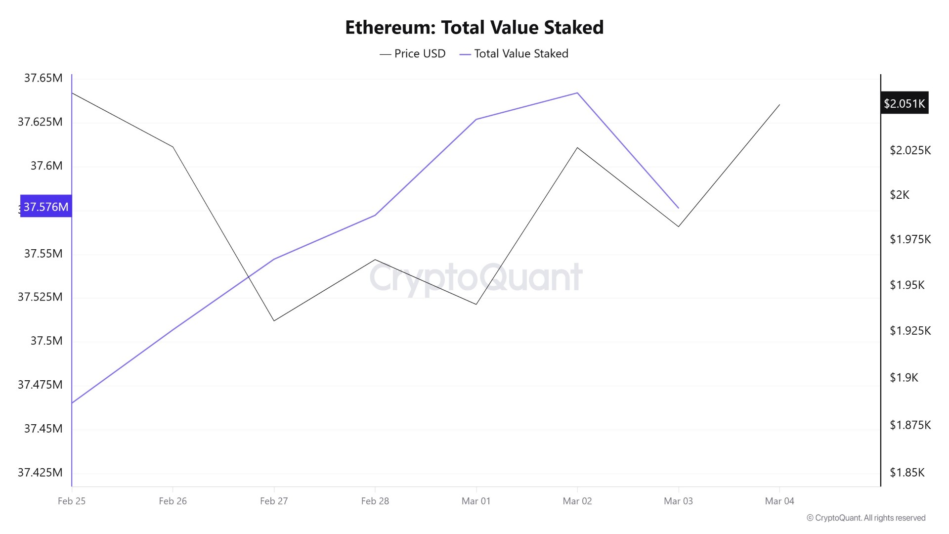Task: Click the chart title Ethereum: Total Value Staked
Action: pos(474,28)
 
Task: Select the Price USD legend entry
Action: pos(413,53)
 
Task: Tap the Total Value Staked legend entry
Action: pos(514,53)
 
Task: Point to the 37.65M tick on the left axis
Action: pos(43,78)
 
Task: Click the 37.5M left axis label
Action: pos(46,341)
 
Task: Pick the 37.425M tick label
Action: pos(40,472)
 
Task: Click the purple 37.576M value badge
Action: pos(46,207)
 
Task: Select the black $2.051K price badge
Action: pos(904,103)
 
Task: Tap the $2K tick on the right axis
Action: pos(899,195)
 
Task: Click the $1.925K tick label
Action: pos(910,330)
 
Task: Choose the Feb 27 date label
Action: pos(274,501)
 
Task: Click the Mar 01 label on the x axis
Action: pos(476,501)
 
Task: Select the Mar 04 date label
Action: pos(779,501)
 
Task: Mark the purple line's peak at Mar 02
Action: pos(577,93)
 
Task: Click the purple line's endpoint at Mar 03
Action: pos(678,208)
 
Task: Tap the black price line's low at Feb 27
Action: pos(274,320)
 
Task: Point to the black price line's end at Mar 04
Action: pos(779,105)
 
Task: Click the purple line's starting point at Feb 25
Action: pos(72,402)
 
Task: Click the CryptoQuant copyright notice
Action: pos(866,518)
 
